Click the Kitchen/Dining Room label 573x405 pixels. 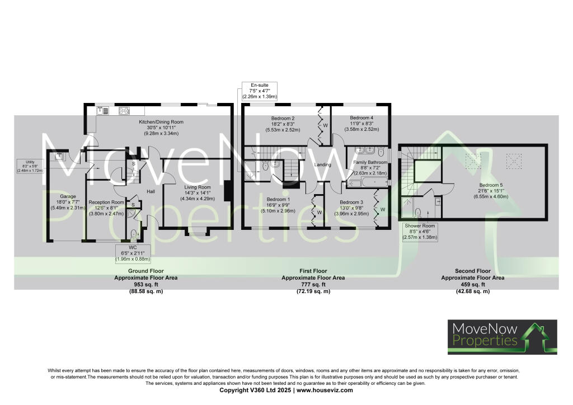point(161,122)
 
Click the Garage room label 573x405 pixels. point(67,196)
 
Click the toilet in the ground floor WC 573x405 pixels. point(133,234)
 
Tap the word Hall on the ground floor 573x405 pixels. point(151,191)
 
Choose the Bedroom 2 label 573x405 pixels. point(283,118)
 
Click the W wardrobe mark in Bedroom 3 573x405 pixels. point(383,210)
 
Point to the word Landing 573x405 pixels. point(323,165)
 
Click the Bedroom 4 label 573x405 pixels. point(361,118)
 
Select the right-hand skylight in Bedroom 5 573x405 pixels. point(513,161)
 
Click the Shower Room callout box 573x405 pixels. point(420,232)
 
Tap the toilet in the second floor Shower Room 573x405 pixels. point(418,211)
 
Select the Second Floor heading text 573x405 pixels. point(472,271)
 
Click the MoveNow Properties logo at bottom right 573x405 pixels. point(502,337)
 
